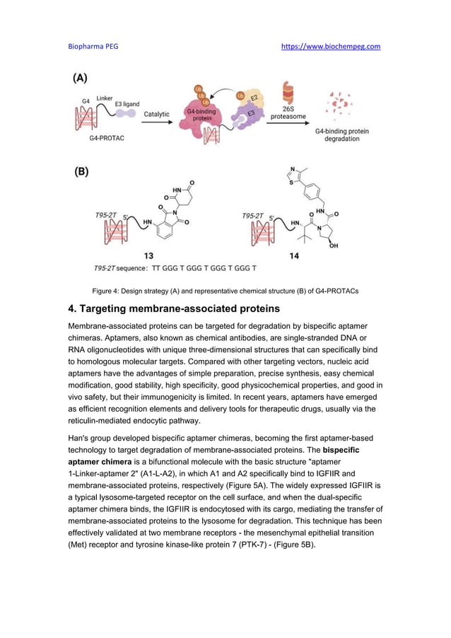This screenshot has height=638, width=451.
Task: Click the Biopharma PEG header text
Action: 93,47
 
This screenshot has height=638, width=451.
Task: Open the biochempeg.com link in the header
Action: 331,47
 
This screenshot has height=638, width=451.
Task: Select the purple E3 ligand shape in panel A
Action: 126,113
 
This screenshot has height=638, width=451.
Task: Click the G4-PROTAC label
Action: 107,137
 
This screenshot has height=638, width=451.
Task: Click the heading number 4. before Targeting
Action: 71,309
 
